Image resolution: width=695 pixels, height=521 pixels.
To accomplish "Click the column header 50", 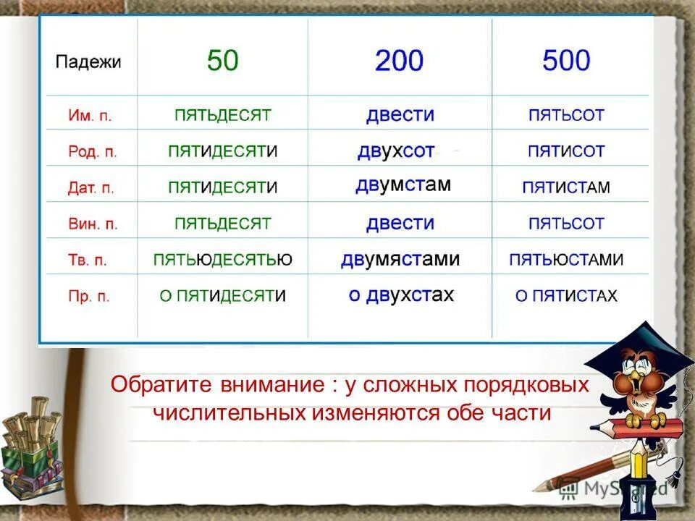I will [222, 61].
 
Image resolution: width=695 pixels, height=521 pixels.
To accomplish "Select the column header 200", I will [399, 61].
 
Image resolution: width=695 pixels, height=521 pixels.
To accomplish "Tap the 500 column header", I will [566, 61].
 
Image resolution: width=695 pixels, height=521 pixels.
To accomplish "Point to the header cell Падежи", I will [88, 62].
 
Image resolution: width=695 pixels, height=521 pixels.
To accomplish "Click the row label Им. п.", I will [90, 116].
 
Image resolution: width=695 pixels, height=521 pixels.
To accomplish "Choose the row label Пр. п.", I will [89, 297].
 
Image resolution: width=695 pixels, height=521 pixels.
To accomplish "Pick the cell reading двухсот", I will [396, 151].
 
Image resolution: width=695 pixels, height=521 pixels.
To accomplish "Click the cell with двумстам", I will [403, 185].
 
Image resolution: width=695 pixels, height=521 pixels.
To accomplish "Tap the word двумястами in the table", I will [400, 259].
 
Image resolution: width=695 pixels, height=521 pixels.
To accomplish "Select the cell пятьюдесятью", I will [223, 260].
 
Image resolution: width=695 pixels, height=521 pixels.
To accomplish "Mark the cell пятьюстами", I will [566, 260].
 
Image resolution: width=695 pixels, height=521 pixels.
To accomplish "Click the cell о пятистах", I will [566, 296].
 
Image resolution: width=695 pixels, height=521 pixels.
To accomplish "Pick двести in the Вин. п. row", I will [400, 223].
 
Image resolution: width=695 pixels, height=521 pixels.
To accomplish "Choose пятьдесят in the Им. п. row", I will [222, 115].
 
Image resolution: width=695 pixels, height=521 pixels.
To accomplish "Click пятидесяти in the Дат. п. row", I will [222, 187].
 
